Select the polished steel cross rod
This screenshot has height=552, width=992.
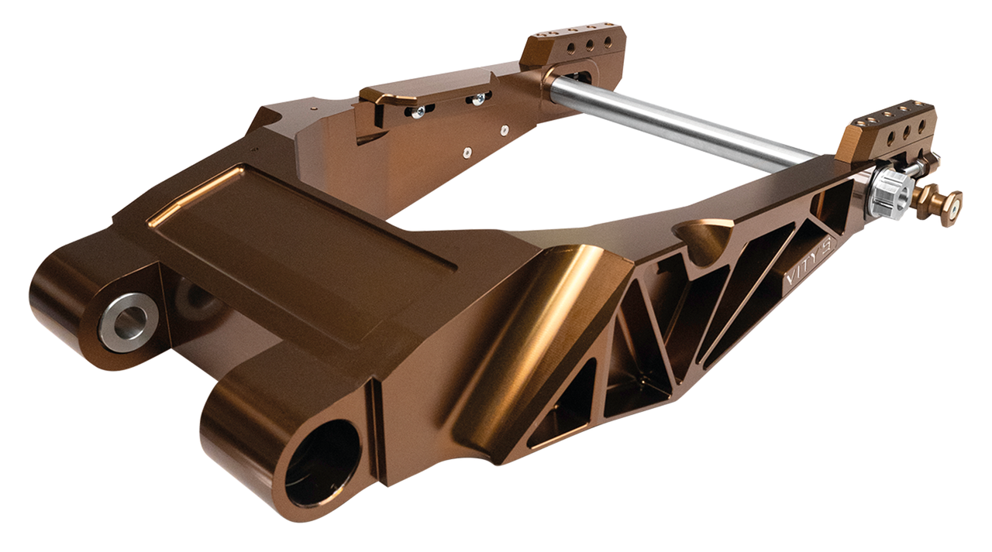[x=682, y=125]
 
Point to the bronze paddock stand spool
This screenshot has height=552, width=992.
[x=942, y=202]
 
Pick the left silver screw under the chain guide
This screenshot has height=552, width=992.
[x=418, y=112]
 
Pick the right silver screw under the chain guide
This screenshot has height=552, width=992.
[x=479, y=98]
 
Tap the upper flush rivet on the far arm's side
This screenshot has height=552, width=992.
[x=505, y=130]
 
